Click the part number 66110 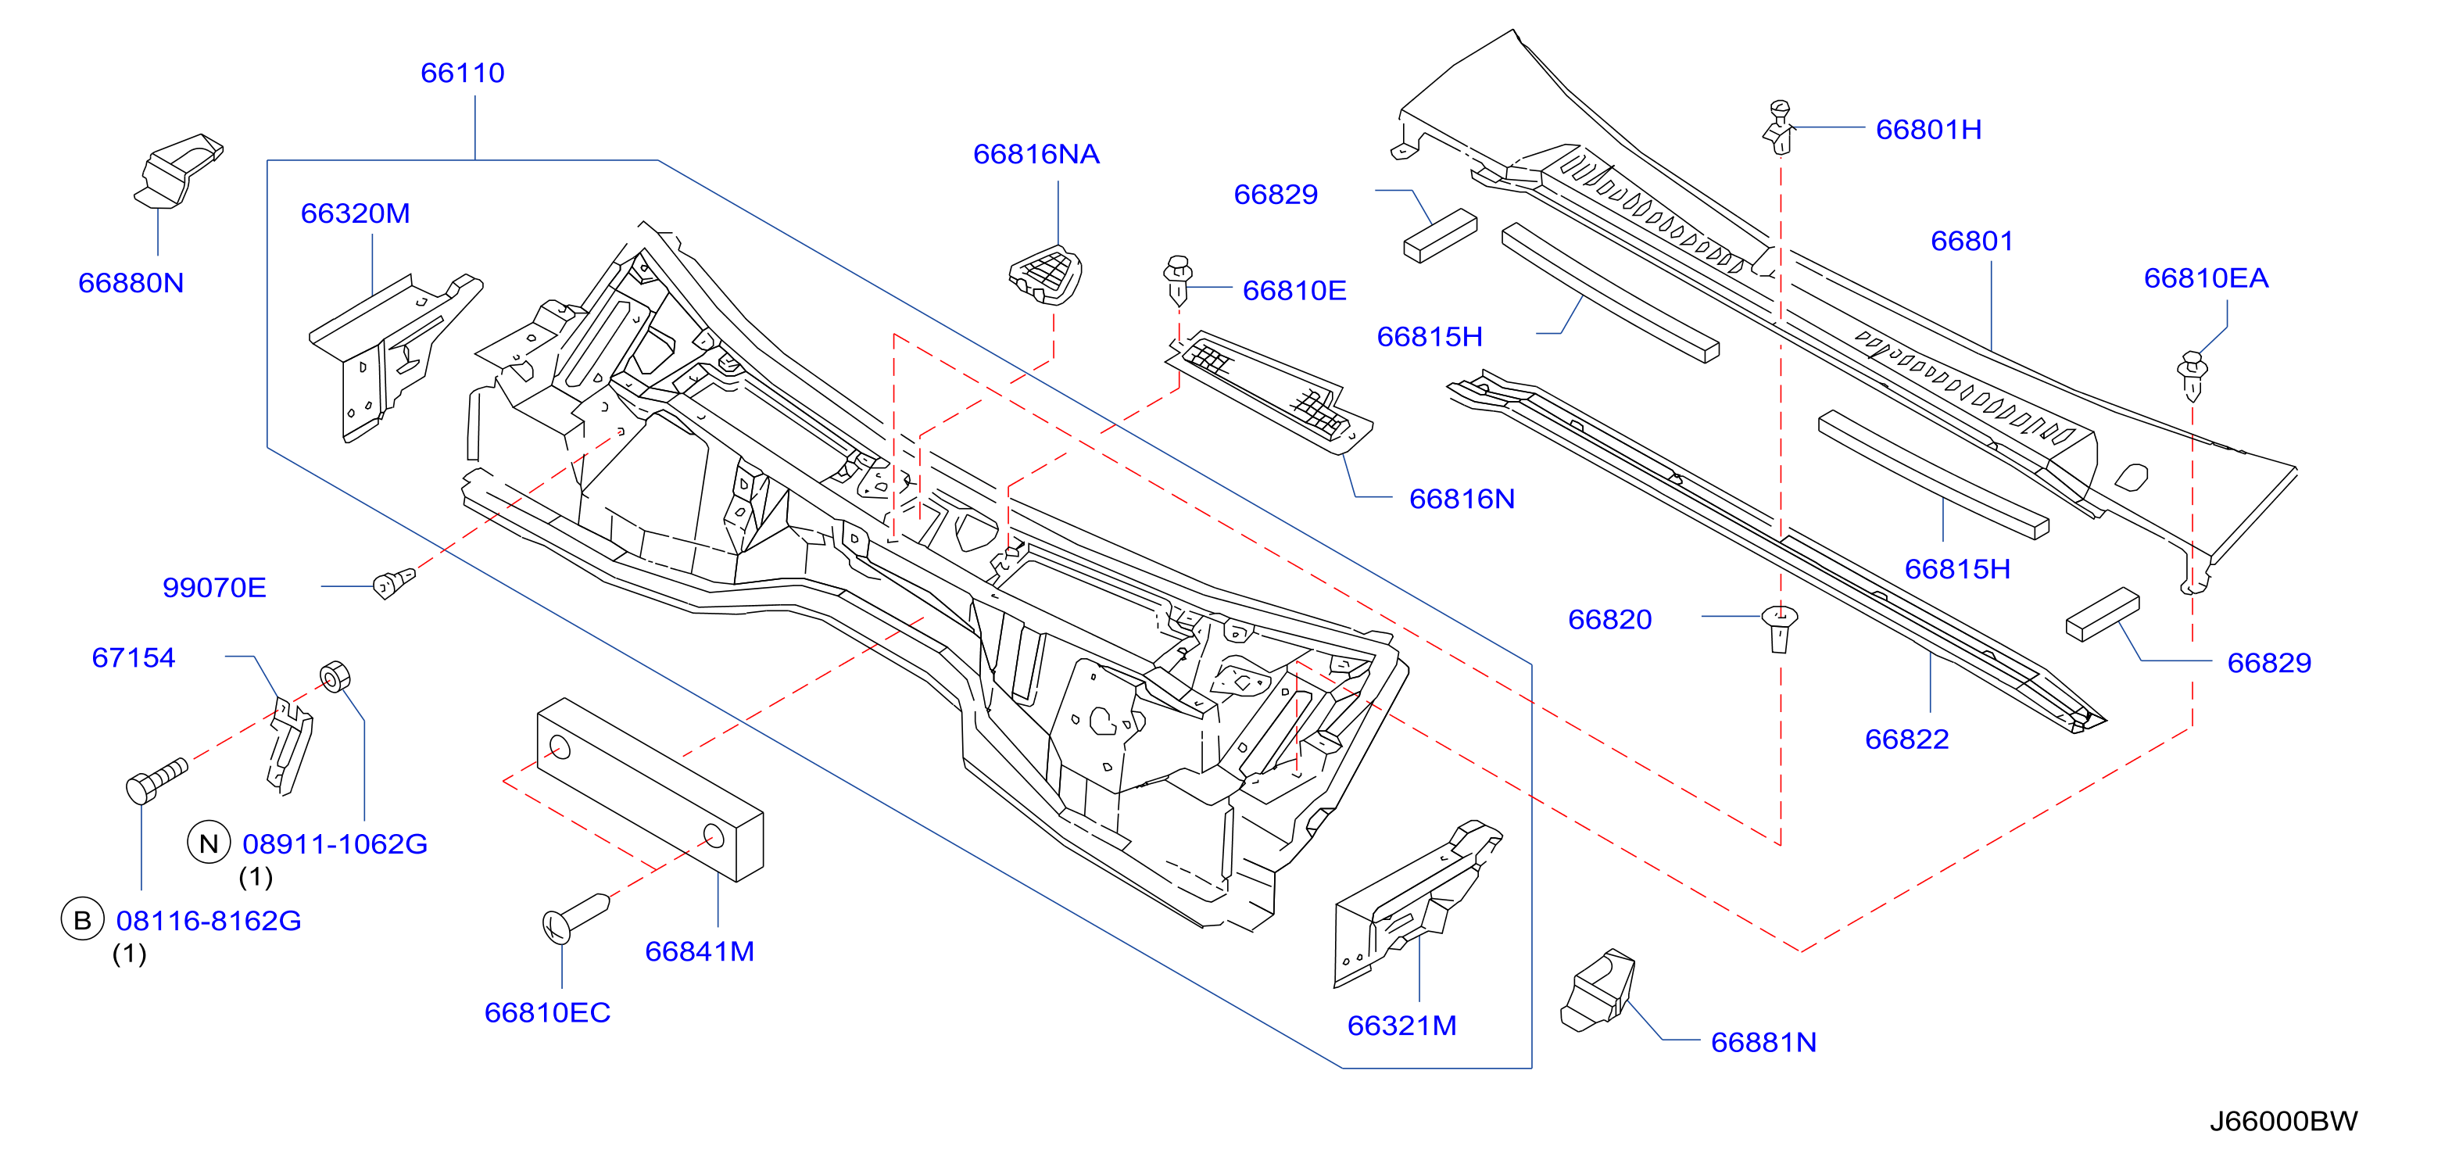463,73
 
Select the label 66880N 131,284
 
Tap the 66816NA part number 1036,154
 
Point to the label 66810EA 2206,277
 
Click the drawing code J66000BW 2283,1121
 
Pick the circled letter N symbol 209,843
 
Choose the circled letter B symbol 83,919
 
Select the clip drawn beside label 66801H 1778,127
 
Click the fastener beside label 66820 1779,628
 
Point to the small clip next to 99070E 393,582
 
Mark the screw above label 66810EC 575,918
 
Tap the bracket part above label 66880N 178,170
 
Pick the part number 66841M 700,951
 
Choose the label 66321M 1401,1026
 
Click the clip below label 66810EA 2192,376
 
